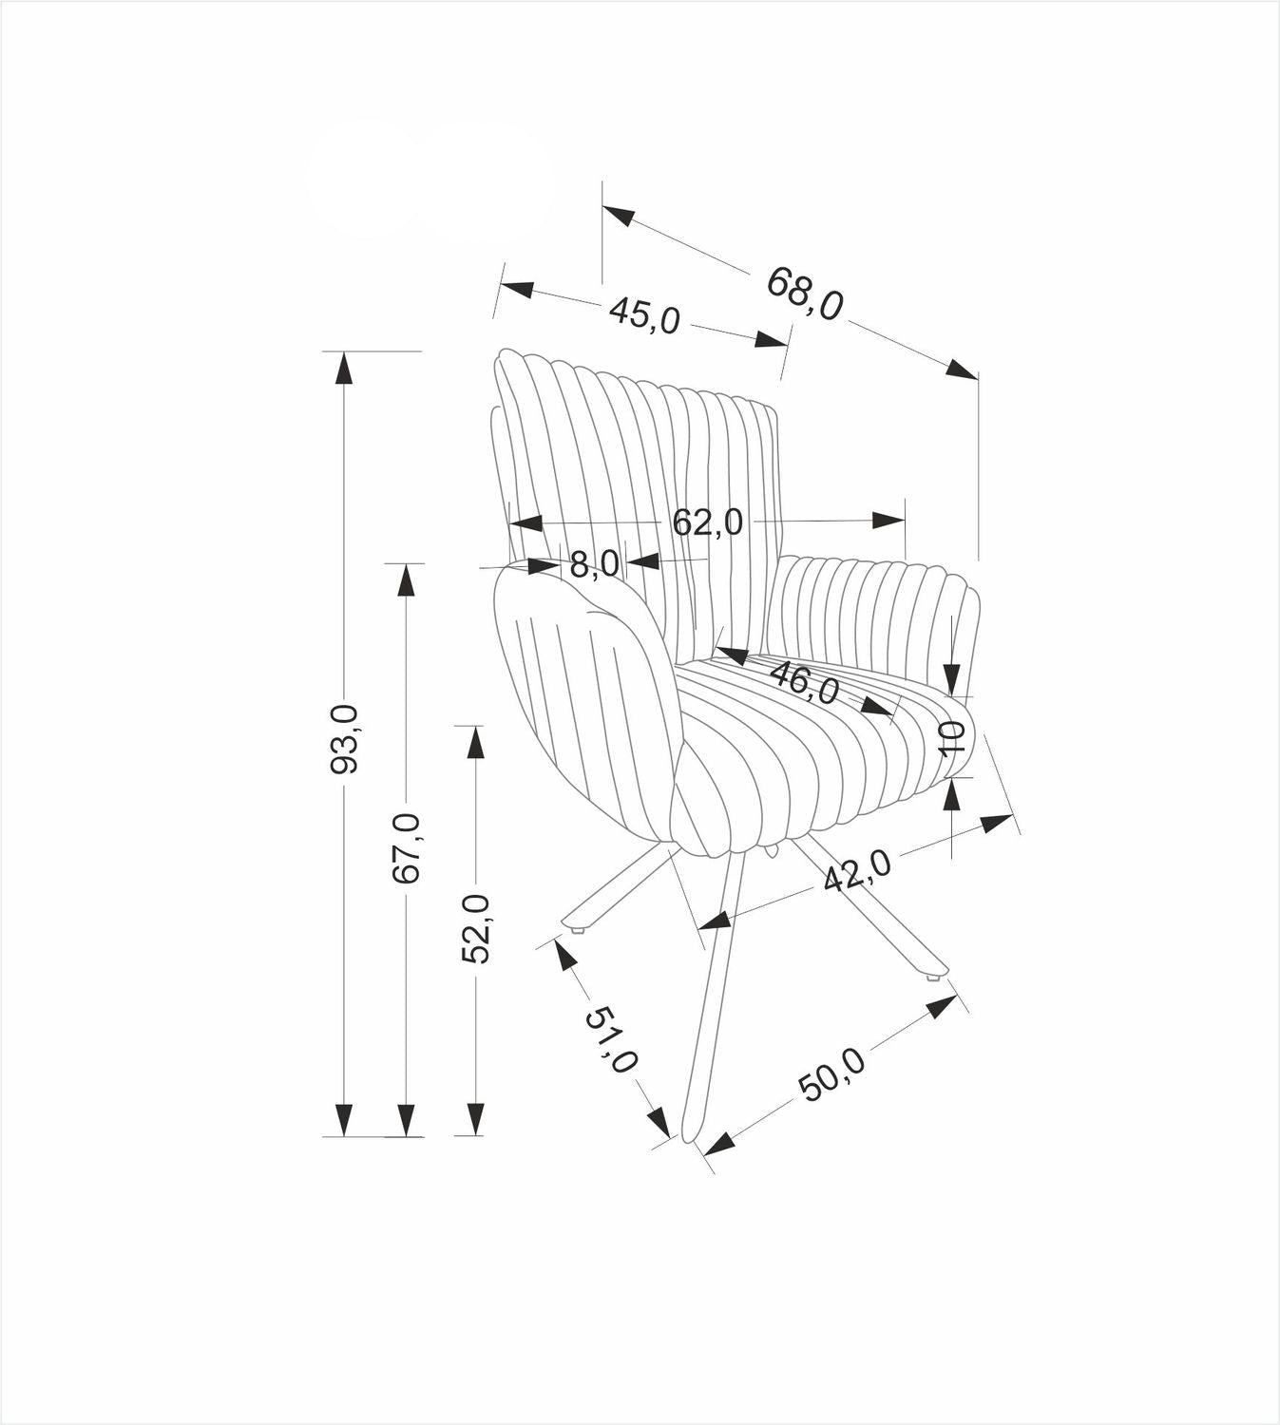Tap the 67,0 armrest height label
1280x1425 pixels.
[407, 847]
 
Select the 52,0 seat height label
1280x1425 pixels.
[476, 928]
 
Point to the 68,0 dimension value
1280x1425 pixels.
[804, 293]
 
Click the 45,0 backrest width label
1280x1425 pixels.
[644, 314]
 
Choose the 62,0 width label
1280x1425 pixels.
[707, 522]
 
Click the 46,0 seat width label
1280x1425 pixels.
[805, 681]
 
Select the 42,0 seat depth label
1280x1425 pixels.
[857, 870]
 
